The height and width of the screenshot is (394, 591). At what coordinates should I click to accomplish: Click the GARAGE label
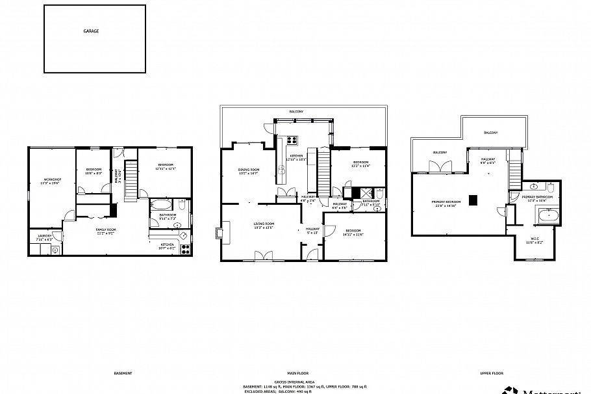tap(91, 31)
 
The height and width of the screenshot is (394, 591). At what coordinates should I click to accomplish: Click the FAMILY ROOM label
tap(105, 230)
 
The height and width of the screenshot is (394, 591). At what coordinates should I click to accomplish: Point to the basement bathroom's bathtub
tap(161, 206)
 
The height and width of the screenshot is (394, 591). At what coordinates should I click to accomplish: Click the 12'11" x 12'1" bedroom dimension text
tap(166, 169)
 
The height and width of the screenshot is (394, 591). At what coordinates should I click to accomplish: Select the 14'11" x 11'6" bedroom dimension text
tap(353, 235)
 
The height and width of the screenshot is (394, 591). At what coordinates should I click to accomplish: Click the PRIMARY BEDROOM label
tap(445, 202)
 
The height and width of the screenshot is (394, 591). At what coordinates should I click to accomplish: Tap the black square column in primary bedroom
tap(475, 200)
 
